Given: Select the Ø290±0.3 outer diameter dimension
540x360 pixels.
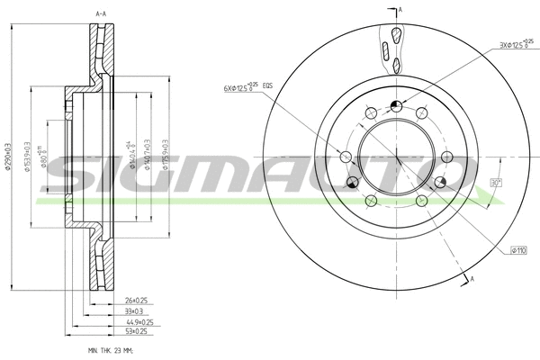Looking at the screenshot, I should (x=8, y=155).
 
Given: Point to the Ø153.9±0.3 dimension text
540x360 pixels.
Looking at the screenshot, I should (x=31, y=155).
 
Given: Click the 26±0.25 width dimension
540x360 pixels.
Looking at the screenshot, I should (x=136, y=301).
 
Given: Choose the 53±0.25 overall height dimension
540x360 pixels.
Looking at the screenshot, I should (x=136, y=331).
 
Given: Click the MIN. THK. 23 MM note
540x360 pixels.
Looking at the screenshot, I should (x=111, y=349).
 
